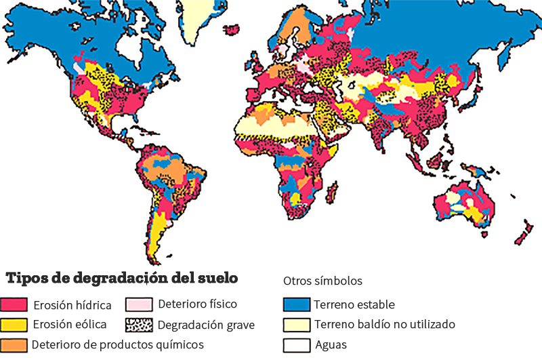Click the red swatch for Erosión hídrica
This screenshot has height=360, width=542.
[14, 304]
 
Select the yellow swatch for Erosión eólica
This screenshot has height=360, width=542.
[14, 325]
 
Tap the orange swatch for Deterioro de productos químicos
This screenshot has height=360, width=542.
[14, 344]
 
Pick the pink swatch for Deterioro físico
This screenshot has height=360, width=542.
[139, 304]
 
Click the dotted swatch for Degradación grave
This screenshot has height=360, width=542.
[139, 325]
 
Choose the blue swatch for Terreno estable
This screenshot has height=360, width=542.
[297, 304]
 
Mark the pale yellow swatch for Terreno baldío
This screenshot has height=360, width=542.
[297, 324]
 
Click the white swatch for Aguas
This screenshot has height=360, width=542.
[297, 344]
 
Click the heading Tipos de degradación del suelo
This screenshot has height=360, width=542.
[122, 279]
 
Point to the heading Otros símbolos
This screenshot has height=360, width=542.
[322, 281]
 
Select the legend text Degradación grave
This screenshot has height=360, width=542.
[206, 325]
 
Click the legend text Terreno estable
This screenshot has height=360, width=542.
[355, 304]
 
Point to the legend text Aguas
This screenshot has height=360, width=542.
[331, 344]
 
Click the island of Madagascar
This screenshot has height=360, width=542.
[332, 194]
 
